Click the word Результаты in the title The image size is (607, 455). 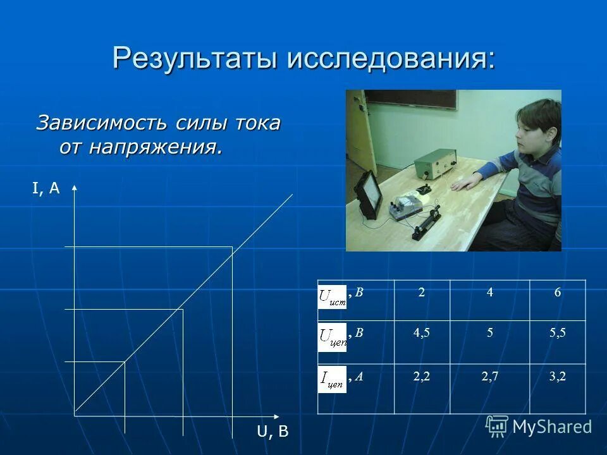point(197,59)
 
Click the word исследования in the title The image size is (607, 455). point(392,59)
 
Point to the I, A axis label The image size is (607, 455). point(46,188)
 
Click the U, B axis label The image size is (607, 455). point(273,432)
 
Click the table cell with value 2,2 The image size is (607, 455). point(421,377)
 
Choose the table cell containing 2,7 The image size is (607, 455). point(489,377)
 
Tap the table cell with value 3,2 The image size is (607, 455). point(557,377)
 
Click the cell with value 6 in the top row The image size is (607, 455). point(557,293)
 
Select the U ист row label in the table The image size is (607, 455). point(333,296)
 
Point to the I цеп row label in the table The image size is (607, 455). point(333,379)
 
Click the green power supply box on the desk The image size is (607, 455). point(436,164)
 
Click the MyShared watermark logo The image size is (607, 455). point(539,427)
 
